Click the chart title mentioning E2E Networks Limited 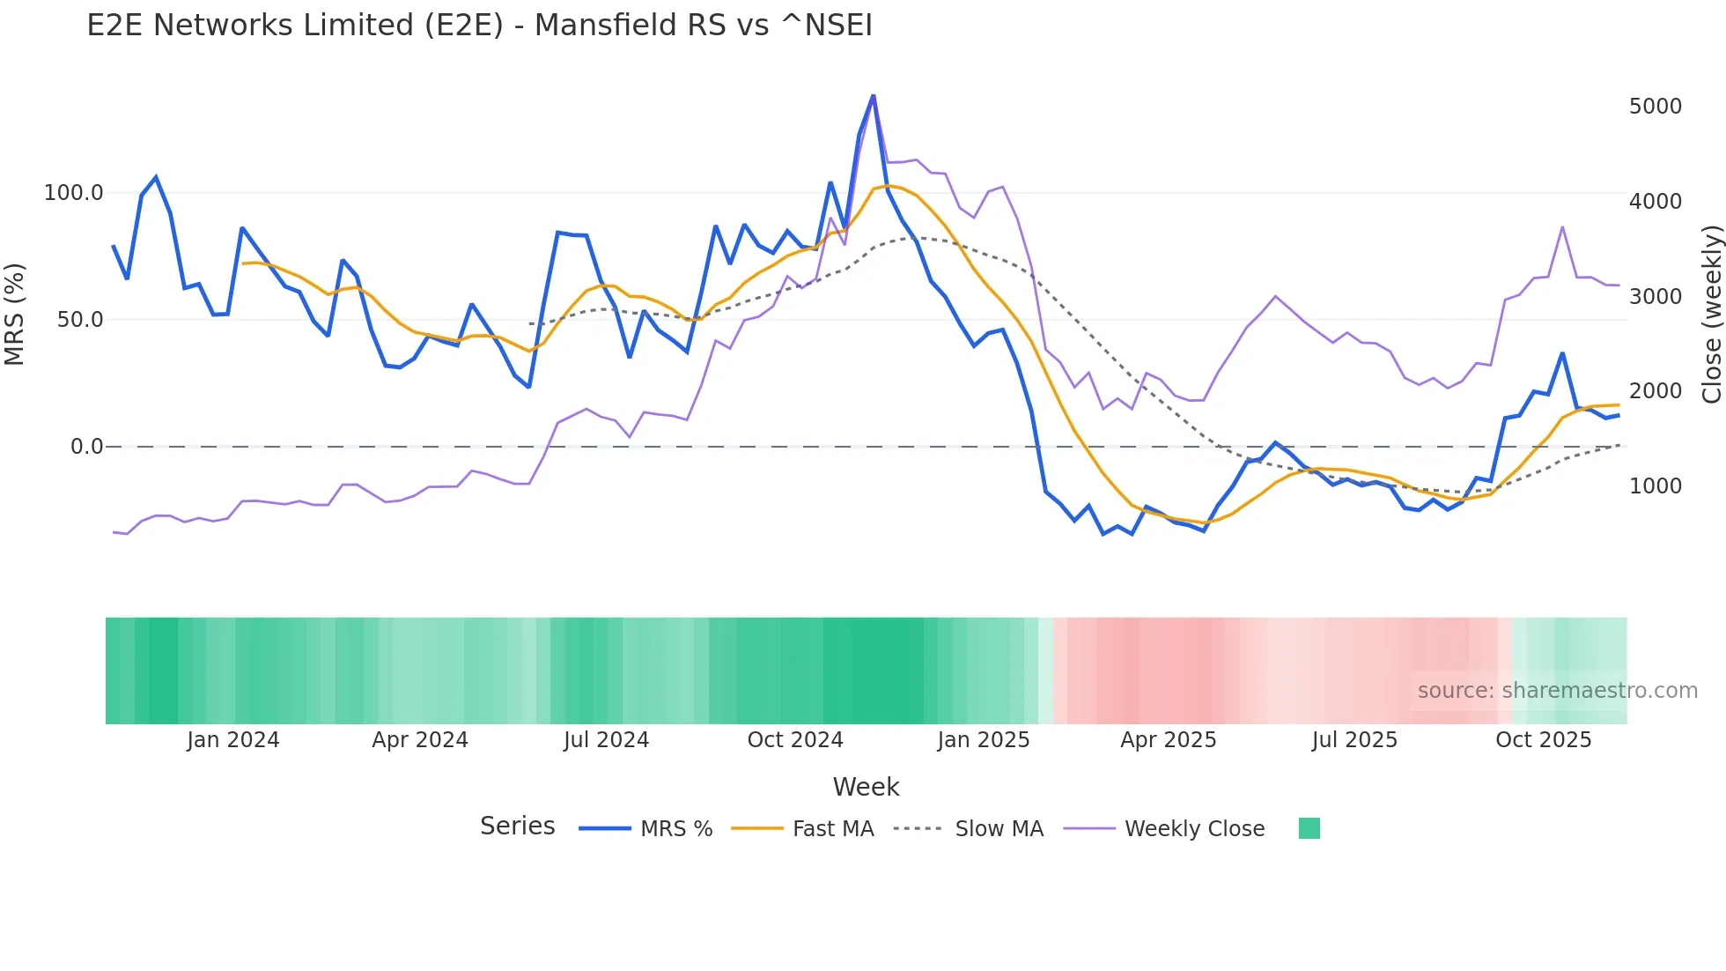(479, 26)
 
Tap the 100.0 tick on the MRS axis (74, 193)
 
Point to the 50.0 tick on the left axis (80, 320)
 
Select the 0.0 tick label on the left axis (86, 447)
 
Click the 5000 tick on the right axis (1655, 107)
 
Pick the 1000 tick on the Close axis (1655, 486)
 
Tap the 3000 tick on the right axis (1655, 297)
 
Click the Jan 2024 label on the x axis (232, 740)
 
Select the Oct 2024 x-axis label (794, 740)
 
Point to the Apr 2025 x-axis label (1168, 740)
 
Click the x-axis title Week (866, 787)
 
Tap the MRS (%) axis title (15, 314)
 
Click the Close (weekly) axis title (1711, 314)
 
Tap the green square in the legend (1309, 828)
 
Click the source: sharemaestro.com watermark (1557, 691)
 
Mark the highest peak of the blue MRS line (873, 95)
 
